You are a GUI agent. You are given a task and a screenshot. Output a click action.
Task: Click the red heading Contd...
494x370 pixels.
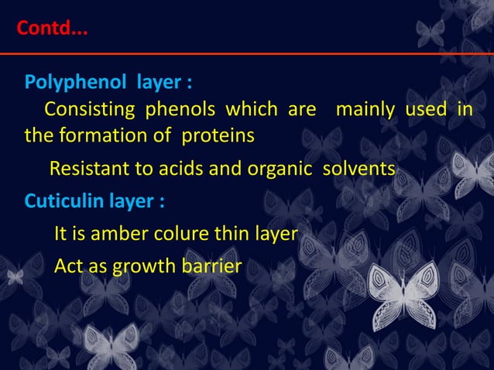tap(52, 31)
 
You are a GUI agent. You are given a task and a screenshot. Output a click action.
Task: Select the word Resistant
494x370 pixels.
tap(89, 169)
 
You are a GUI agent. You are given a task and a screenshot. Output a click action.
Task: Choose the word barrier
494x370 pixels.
tap(212, 266)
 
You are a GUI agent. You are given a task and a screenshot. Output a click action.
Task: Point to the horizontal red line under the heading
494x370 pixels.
tap(247, 53)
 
